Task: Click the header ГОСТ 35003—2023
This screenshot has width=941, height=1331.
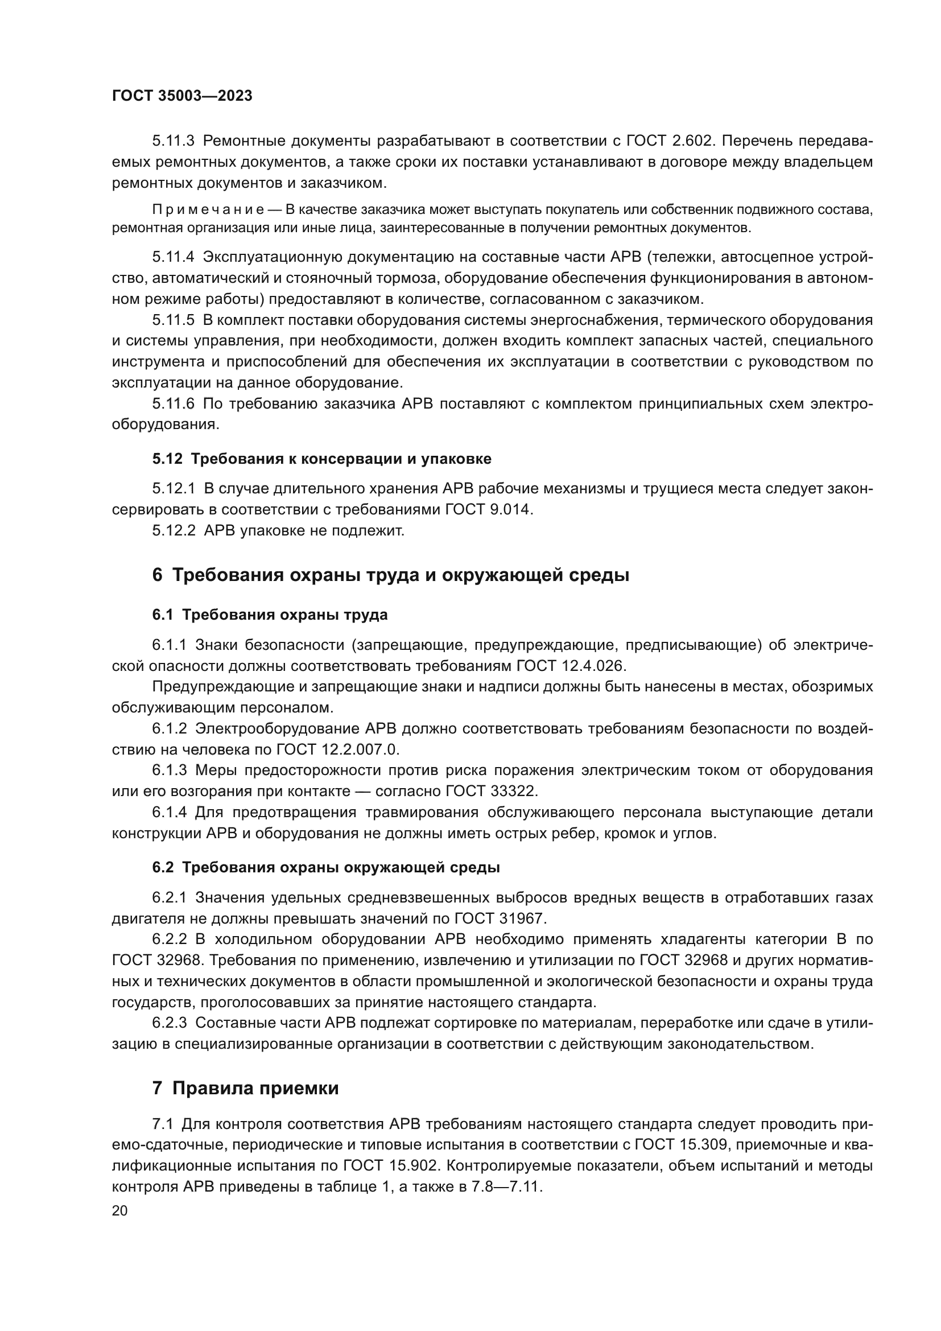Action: tap(182, 96)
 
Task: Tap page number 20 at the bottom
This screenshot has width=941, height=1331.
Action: tap(119, 1210)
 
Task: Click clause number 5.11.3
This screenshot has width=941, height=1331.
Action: tap(174, 141)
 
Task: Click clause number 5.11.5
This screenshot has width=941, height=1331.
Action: tap(174, 320)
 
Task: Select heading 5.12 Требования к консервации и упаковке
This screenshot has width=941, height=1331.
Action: tap(321, 459)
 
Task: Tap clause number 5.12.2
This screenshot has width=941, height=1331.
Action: tap(174, 531)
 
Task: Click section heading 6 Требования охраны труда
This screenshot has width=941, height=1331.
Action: tap(390, 576)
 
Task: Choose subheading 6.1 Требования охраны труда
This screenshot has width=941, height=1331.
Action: tap(270, 615)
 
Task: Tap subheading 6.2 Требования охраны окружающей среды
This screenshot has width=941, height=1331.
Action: tap(326, 868)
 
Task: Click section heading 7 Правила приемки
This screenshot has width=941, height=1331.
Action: tap(246, 1089)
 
